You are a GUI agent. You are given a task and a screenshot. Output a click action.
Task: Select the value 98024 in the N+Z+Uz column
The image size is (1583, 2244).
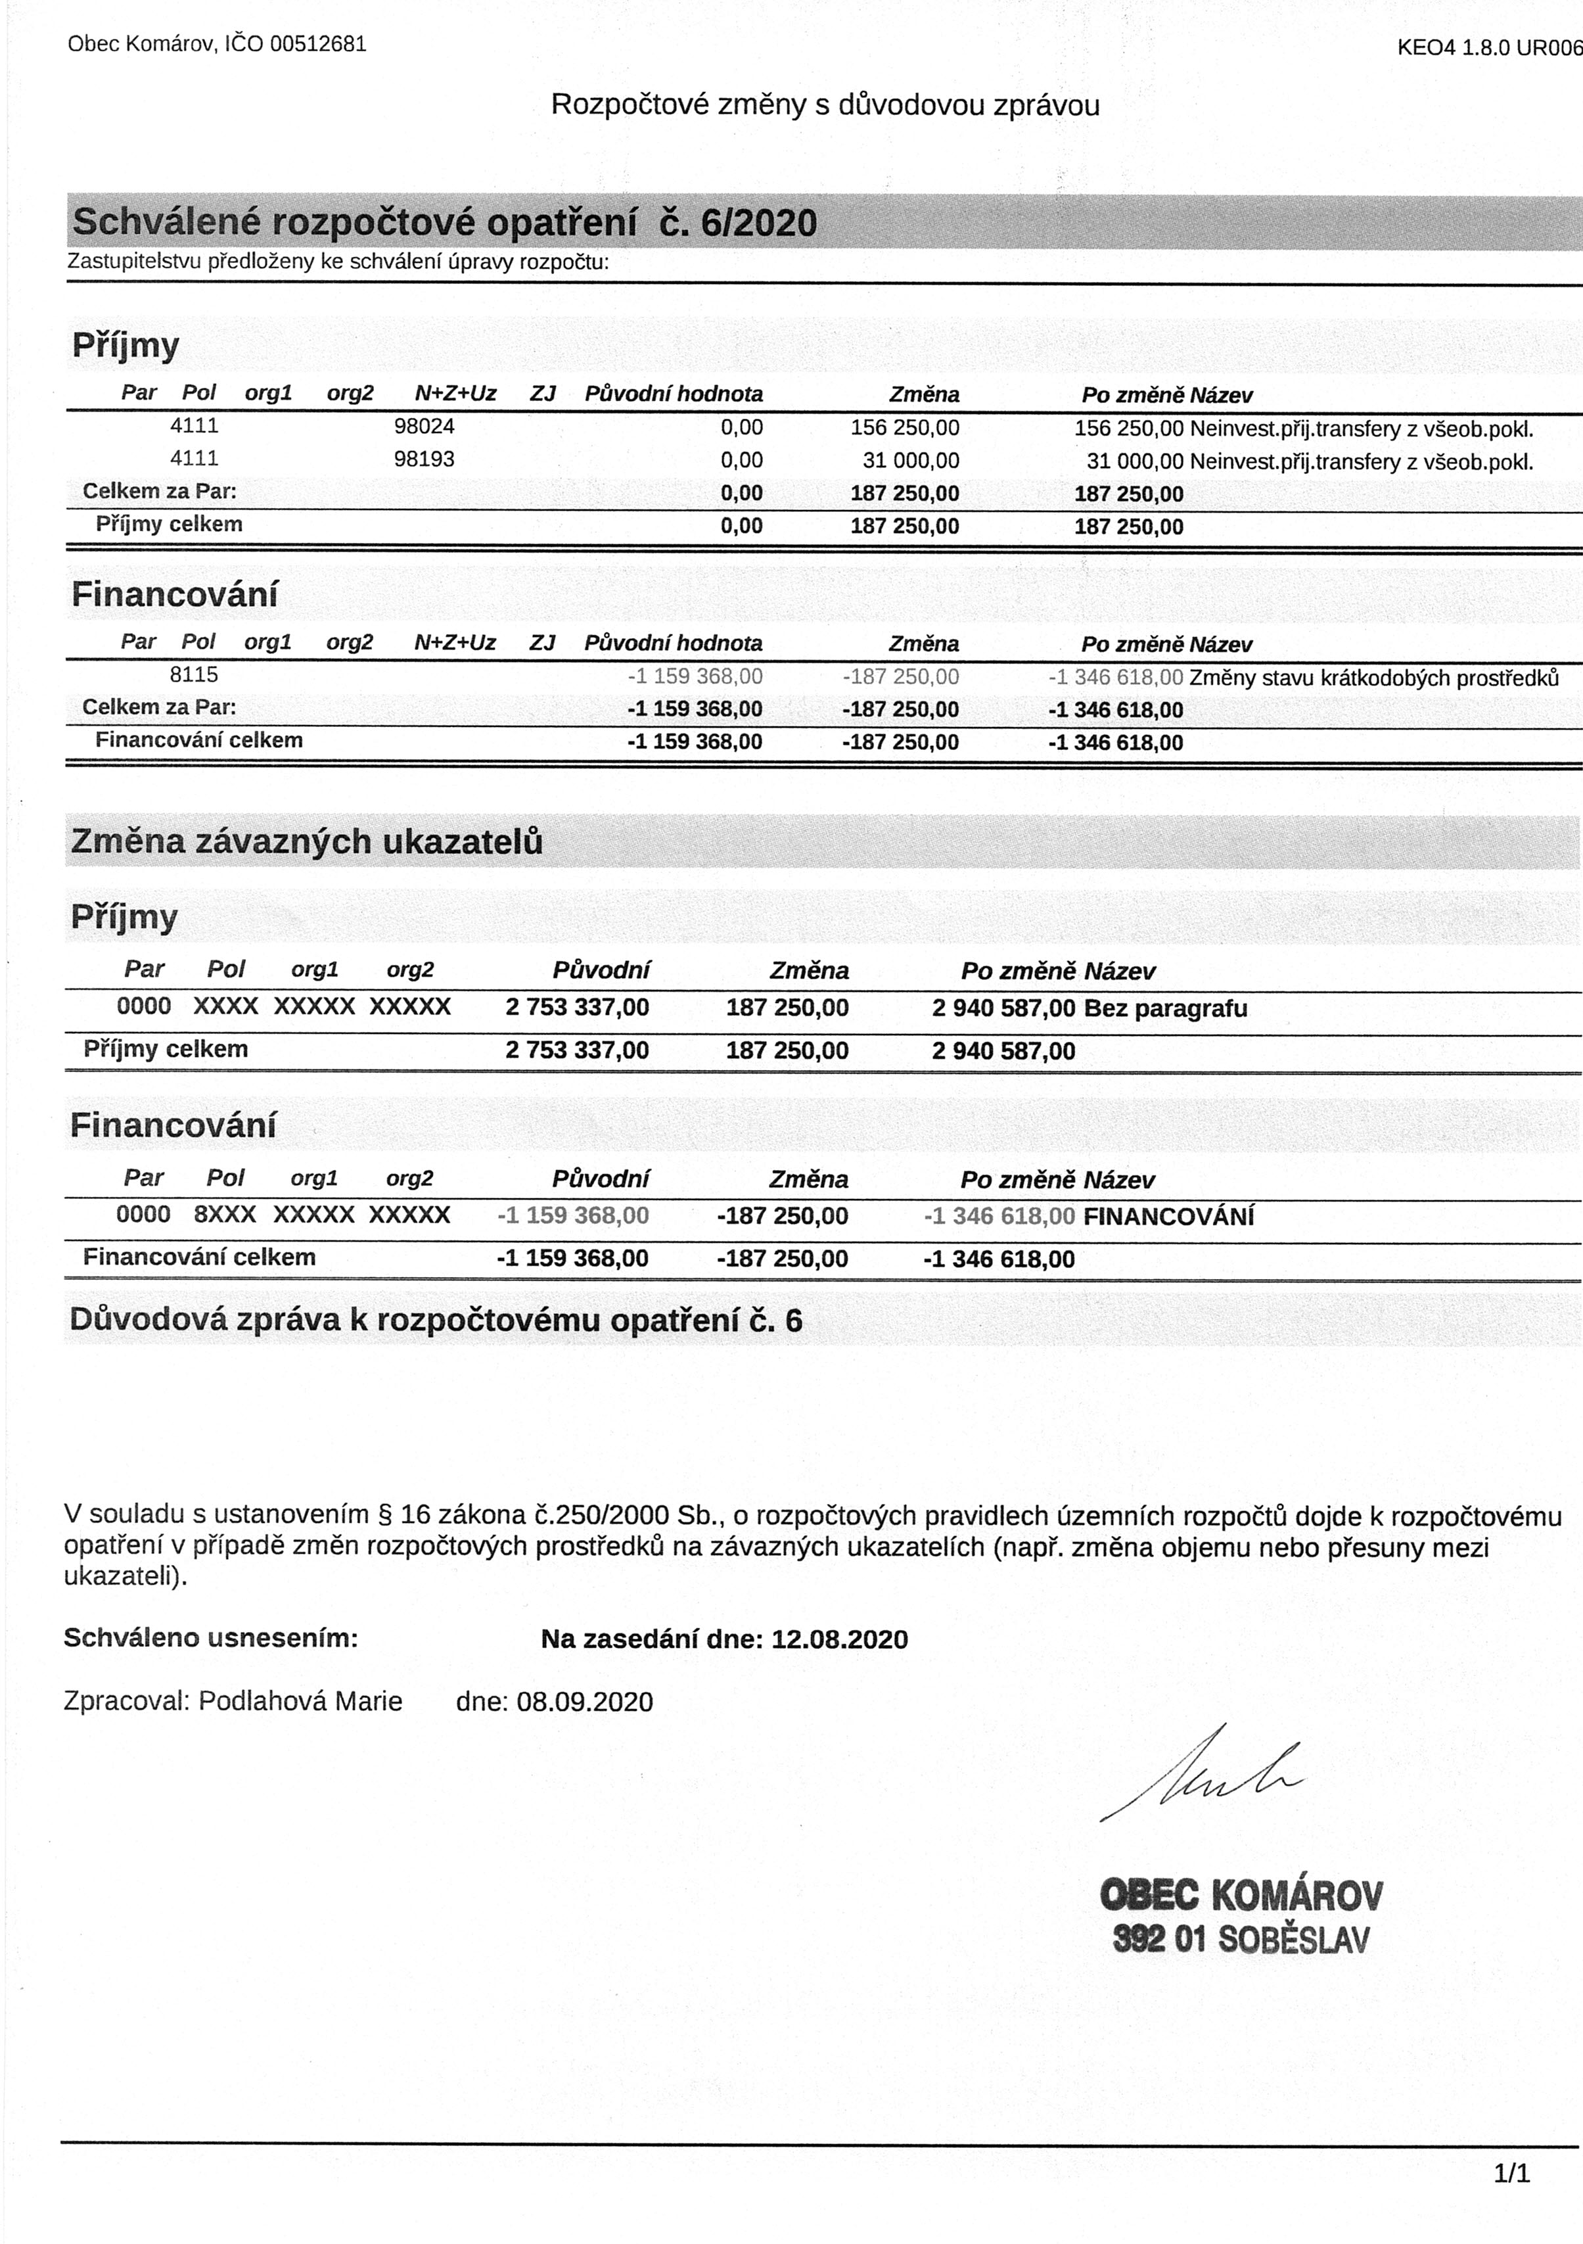424,426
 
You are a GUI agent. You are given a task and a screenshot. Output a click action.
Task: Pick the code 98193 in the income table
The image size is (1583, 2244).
424,458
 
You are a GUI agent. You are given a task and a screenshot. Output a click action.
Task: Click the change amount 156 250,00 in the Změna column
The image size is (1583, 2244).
905,428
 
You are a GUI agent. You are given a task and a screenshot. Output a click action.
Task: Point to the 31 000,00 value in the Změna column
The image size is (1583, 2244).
911,460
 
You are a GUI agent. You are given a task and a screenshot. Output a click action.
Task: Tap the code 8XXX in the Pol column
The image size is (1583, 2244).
225,1215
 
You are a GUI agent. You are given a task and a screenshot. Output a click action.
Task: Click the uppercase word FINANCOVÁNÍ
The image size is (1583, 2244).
1168,1217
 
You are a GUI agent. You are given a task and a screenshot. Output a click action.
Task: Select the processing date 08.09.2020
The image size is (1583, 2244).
584,1702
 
